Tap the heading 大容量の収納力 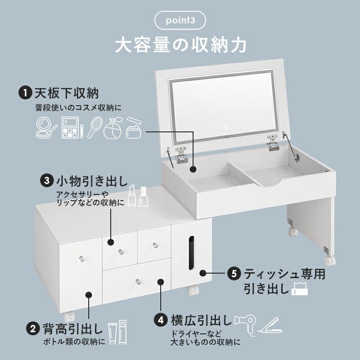coord(180,45)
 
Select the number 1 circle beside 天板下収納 coord(24,93)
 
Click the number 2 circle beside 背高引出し coord(32,328)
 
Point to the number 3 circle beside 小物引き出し coord(46,181)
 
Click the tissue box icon coord(300,288)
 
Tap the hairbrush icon coord(94,127)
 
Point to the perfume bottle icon coord(112,128)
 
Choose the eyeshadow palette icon coord(70,127)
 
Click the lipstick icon coord(132,196)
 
